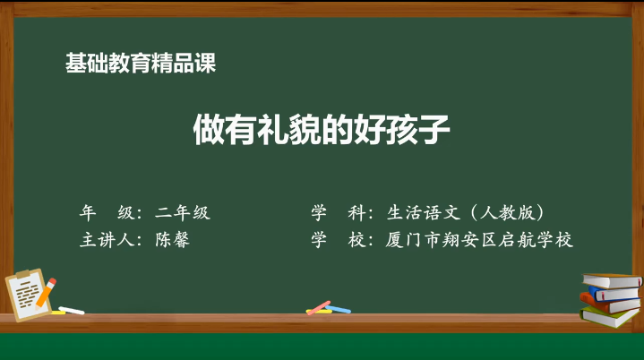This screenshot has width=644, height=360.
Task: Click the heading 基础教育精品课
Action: pyautogui.click(x=141, y=64)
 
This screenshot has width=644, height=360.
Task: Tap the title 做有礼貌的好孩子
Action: pyautogui.click(x=322, y=130)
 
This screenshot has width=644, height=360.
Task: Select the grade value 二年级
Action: pyautogui.click(x=183, y=212)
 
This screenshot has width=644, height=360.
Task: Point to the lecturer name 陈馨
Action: pyautogui.click(x=173, y=240)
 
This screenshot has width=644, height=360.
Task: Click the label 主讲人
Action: pyautogui.click(x=107, y=240)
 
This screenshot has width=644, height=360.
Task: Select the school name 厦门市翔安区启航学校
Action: pyautogui.click(x=479, y=240)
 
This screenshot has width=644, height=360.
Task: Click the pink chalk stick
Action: pyautogui.click(x=319, y=308)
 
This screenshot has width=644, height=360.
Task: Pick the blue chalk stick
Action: pyautogui.click(x=338, y=309)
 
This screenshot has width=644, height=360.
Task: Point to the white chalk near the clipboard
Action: pyautogui.click(x=72, y=311)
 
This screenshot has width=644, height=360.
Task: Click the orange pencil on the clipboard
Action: pyautogui.click(x=46, y=292)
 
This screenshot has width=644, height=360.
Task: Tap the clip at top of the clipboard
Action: pyautogui.click(x=23, y=273)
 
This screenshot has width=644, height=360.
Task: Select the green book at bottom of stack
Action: pyautogui.click(x=609, y=317)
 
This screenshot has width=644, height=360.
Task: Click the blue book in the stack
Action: pyautogui.click(x=614, y=294)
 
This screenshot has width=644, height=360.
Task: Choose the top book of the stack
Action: pyautogui.click(x=612, y=280)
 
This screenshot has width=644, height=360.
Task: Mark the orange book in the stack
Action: pyautogui.click(x=608, y=304)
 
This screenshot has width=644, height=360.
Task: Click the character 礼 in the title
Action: pyautogui.click(x=273, y=130)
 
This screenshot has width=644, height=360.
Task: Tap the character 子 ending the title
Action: pyautogui.click(x=434, y=130)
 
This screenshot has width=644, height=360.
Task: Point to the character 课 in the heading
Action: pyautogui.click(x=205, y=64)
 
